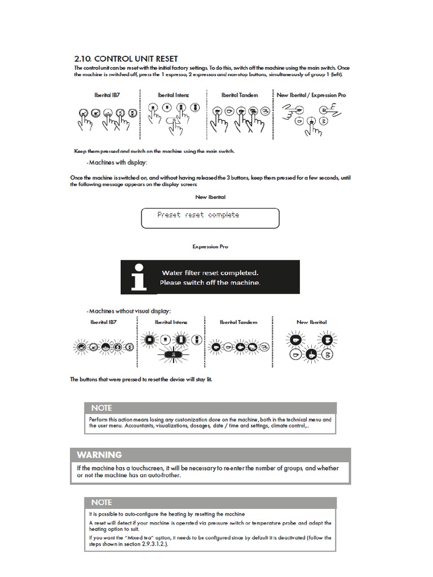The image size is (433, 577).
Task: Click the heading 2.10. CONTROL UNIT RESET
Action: click(126, 59)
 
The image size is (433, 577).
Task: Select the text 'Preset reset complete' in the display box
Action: click(198, 215)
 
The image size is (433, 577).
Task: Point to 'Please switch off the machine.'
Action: click(210, 282)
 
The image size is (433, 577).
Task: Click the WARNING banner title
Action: click(99, 455)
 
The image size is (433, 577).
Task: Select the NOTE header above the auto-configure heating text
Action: click(101, 502)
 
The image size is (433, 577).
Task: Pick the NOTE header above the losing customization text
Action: click(101, 407)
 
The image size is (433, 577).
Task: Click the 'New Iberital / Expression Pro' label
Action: click(311, 95)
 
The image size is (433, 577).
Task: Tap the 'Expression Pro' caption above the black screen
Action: click(210, 247)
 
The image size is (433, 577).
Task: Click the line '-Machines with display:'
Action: click(117, 163)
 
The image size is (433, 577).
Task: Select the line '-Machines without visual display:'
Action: click(129, 311)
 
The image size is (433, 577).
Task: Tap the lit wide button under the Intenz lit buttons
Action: click(174, 355)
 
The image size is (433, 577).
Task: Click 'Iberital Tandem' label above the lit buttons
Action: click(238, 322)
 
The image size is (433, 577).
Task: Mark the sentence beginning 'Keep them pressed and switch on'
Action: click(154, 151)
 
